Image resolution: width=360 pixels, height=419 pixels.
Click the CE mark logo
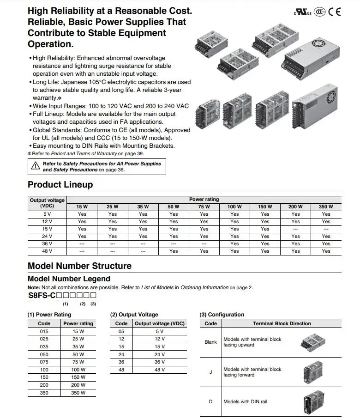click(335, 12)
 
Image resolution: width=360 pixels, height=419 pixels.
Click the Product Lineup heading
click(60, 185)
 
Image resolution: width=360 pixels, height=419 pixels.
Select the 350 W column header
click(326, 206)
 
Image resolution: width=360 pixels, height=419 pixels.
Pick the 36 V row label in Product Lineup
click(47, 243)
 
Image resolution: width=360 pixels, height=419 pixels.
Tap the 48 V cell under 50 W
click(174, 251)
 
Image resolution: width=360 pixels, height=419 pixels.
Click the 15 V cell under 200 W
click(295, 229)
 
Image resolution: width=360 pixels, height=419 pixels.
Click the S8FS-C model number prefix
click(44, 296)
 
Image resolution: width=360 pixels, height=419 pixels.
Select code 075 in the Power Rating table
click(44, 362)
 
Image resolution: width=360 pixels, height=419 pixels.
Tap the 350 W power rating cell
click(78, 393)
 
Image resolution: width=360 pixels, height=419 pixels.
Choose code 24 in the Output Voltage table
click(121, 354)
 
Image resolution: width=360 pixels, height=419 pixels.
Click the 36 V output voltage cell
click(159, 362)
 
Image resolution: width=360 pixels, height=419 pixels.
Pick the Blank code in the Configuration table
click(210, 342)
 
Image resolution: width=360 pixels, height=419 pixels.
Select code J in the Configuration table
click(210, 372)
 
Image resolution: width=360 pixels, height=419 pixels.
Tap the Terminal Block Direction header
click(282, 323)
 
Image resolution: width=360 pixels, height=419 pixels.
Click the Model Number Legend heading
click(69, 279)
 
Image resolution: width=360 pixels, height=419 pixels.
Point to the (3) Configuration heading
click(222, 315)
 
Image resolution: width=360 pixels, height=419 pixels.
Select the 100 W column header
click(234, 206)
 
